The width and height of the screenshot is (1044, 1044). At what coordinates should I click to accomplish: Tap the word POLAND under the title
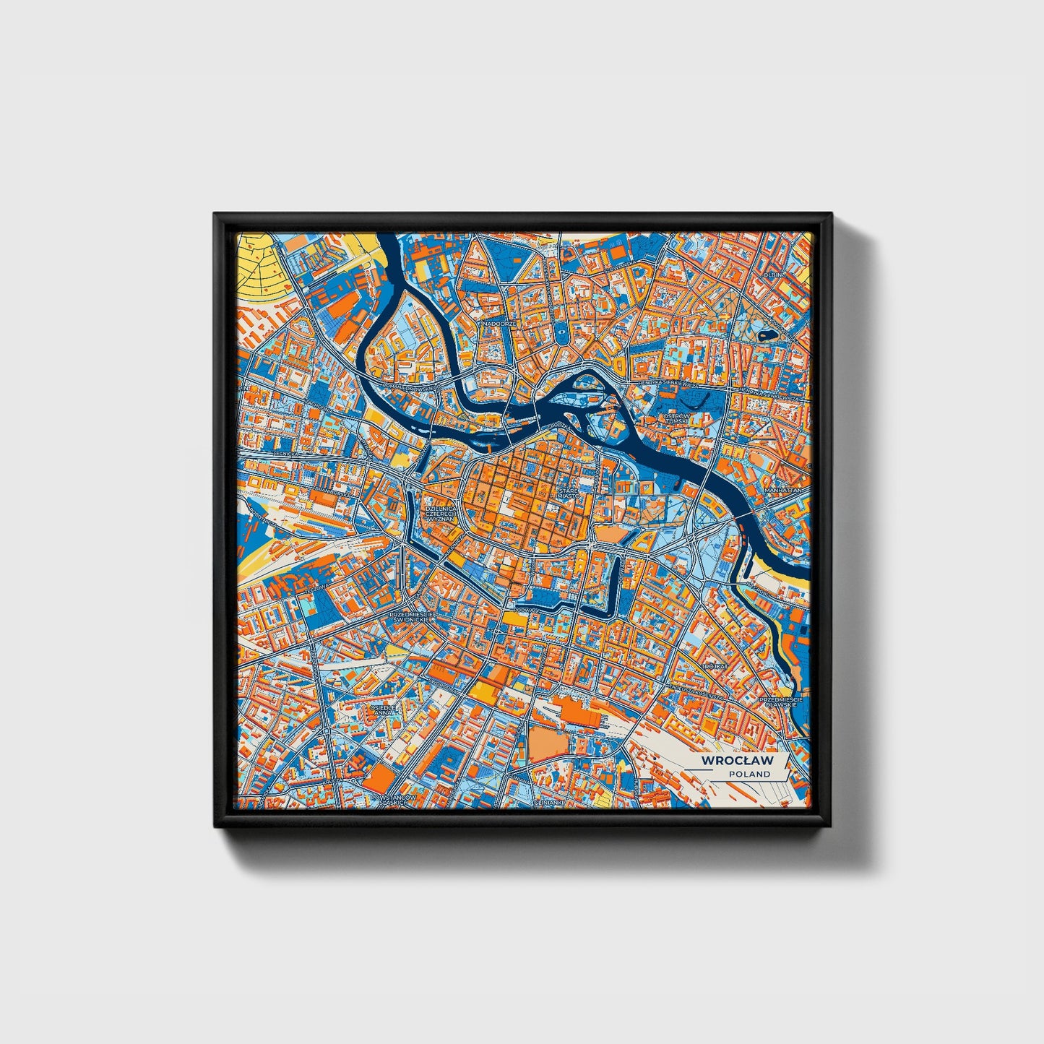pos(749,774)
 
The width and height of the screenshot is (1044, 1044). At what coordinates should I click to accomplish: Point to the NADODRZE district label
pos(501,324)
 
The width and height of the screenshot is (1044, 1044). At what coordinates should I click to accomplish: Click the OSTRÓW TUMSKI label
pos(678,420)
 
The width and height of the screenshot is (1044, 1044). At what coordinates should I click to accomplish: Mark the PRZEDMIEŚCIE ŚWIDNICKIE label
pos(410,617)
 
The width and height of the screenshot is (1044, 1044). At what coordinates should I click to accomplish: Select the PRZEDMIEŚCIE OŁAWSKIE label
pos(780,703)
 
